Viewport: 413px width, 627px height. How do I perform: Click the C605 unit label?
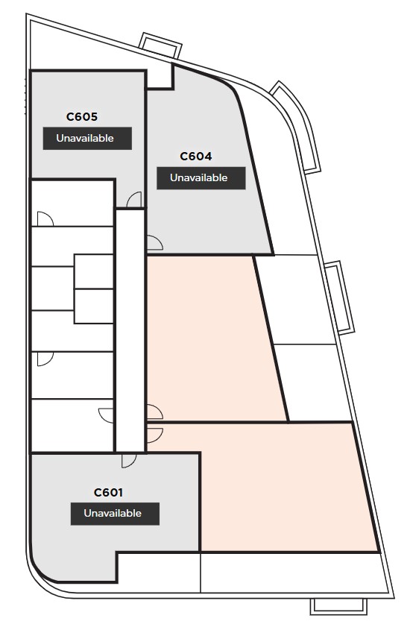(x=82, y=117)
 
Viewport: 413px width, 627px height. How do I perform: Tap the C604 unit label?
(x=196, y=157)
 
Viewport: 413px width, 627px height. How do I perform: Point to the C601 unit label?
(x=108, y=492)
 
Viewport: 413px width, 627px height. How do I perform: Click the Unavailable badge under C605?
(x=87, y=139)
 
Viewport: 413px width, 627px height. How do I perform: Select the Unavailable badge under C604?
(x=201, y=178)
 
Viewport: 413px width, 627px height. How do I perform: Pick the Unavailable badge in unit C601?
(x=115, y=514)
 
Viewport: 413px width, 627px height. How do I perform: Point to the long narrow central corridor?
(x=130, y=330)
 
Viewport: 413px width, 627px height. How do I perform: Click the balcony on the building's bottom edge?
(x=338, y=606)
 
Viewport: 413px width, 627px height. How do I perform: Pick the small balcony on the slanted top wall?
(x=162, y=45)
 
